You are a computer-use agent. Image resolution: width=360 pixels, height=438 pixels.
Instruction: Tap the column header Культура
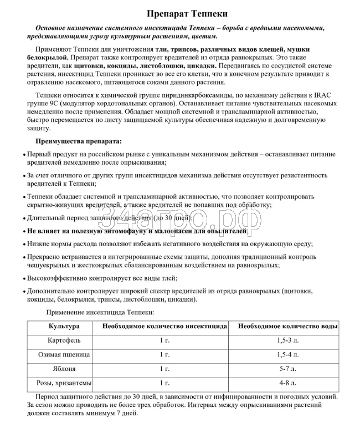coord(64,327)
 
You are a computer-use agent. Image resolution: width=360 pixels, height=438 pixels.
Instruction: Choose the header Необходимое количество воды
coord(288,327)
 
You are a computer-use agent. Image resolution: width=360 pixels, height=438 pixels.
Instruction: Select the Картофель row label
coord(64,340)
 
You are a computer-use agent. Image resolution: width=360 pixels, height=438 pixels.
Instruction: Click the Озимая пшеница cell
coord(64,354)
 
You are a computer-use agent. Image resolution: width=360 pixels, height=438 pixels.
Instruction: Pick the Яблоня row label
coord(64,368)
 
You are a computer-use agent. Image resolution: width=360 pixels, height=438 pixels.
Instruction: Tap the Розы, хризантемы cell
coord(64,383)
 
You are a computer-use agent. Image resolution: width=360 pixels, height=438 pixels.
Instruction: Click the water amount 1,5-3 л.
coord(288,340)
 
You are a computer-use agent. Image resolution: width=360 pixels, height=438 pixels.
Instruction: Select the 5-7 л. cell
coord(288,368)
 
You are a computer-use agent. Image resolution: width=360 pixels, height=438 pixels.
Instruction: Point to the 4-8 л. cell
coord(288,383)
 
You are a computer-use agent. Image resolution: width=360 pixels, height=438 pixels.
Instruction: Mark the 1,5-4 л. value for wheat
coord(288,354)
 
